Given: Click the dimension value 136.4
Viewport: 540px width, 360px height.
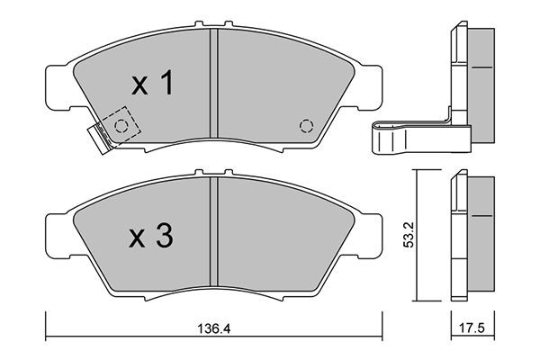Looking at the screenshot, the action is tap(214, 329).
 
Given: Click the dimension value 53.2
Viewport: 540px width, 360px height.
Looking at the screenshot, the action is tap(409, 235).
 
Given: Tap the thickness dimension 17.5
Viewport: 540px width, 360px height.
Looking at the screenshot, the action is tap(472, 328).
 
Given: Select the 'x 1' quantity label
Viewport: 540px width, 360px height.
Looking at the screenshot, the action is tap(152, 82).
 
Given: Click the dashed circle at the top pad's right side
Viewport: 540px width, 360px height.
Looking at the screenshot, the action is tap(306, 126).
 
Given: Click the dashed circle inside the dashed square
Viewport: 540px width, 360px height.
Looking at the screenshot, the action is tap(121, 126).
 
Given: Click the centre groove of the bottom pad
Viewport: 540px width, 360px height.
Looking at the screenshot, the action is tap(214, 231).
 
